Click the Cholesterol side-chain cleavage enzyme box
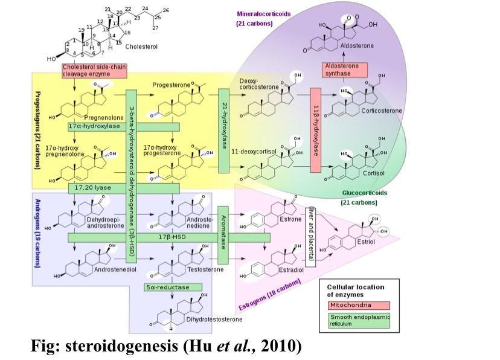pyautogui.click(x=94, y=70)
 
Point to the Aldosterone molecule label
pyautogui.click(x=357, y=46)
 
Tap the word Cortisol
pyautogui.click(x=374, y=172)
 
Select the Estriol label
pyautogui.click(x=366, y=242)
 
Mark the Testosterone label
pyautogui.click(x=205, y=268)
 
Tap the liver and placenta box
pyautogui.click(x=311, y=233)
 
